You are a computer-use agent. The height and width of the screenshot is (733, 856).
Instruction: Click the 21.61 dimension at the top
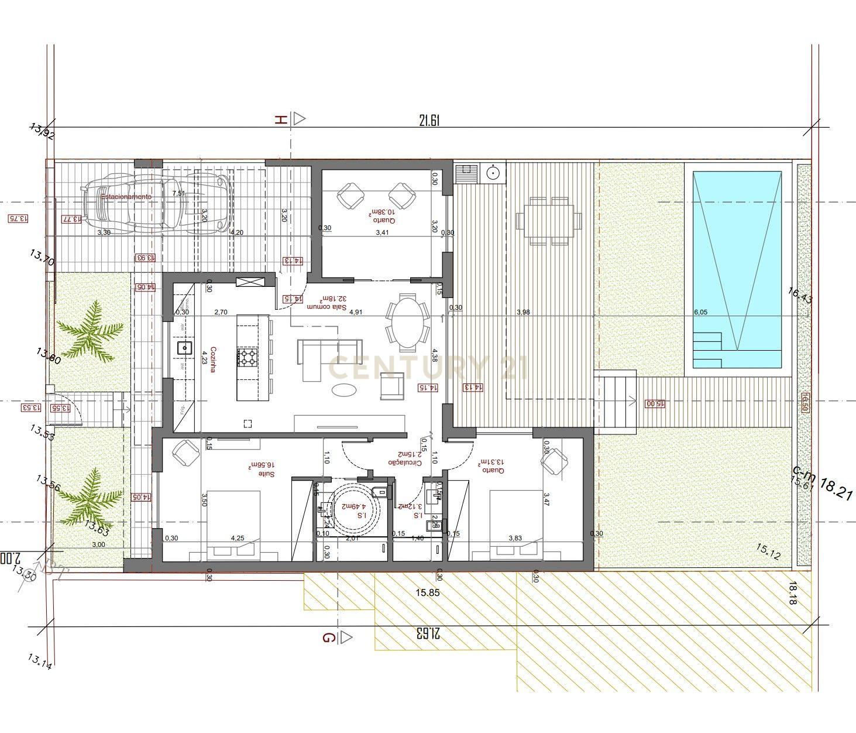coord(429,121)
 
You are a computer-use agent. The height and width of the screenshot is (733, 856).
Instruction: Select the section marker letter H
coord(281,119)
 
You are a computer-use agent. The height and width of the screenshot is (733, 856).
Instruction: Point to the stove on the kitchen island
coord(247,357)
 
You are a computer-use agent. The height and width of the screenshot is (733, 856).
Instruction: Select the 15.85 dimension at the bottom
coord(427,593)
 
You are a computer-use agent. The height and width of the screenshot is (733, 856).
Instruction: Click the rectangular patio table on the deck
coord(549,221)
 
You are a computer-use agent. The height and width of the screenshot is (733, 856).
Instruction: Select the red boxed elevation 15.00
coord(655,403)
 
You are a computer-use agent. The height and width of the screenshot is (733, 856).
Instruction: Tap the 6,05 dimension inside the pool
coord(700,312)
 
